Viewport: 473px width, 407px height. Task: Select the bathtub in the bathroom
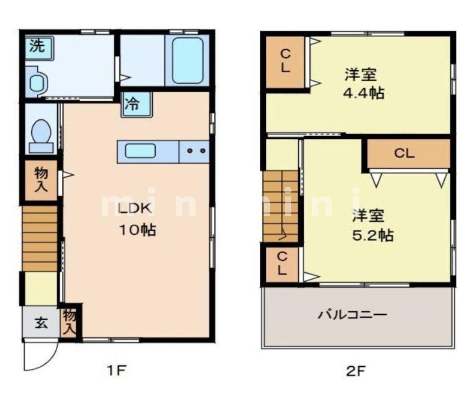click(x=187, y=60)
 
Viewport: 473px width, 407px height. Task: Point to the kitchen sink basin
click(x=140, y=151)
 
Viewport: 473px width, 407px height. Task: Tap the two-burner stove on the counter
click(x=195, y=151)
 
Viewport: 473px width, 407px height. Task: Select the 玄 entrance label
click(x=41, y=323)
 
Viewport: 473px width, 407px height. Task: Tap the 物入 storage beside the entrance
click(x=70, y=323)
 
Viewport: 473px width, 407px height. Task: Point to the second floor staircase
click(x=281, y=206)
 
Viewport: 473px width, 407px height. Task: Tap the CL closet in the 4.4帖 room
click(x=284, y=62)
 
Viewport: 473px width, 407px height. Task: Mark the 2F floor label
click(x=356, y=371)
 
